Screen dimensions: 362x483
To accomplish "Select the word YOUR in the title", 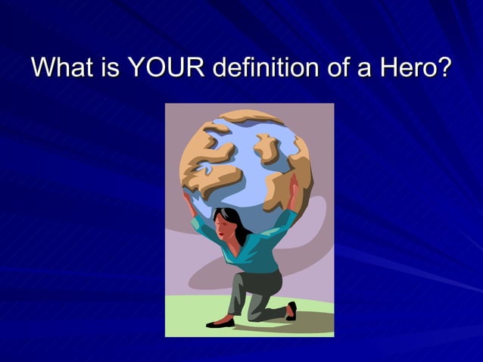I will point(164,67).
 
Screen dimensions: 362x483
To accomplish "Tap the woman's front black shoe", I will point(220,323).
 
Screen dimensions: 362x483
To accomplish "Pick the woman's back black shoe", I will point(291,311).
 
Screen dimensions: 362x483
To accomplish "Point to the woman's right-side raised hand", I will point(294,187).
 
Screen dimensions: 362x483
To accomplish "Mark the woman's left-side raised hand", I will point(187,198).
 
